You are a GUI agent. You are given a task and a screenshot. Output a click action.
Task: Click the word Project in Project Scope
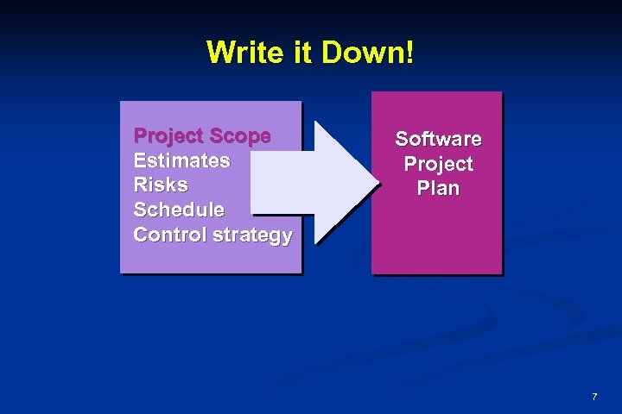point(168,136)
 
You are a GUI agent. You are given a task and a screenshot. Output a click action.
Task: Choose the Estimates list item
point(181,160)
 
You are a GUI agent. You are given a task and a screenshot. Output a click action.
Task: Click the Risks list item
point(161,185)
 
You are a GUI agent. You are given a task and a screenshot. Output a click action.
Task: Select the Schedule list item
point(179,210)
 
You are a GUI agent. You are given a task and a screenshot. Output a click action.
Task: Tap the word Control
point(169,235)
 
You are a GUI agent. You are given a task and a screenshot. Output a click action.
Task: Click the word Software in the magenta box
point(438,139)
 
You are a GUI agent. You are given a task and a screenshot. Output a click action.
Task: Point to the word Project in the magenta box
point(438,164)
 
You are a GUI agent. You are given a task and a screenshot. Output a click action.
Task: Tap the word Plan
point(438,188)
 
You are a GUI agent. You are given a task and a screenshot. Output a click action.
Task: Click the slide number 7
point(594,397)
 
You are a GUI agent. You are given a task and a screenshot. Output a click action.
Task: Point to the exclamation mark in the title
point(409,53)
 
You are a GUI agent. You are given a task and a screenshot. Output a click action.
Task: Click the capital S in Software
point(402,139)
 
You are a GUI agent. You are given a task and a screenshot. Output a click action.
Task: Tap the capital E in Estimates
point(140,160)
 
